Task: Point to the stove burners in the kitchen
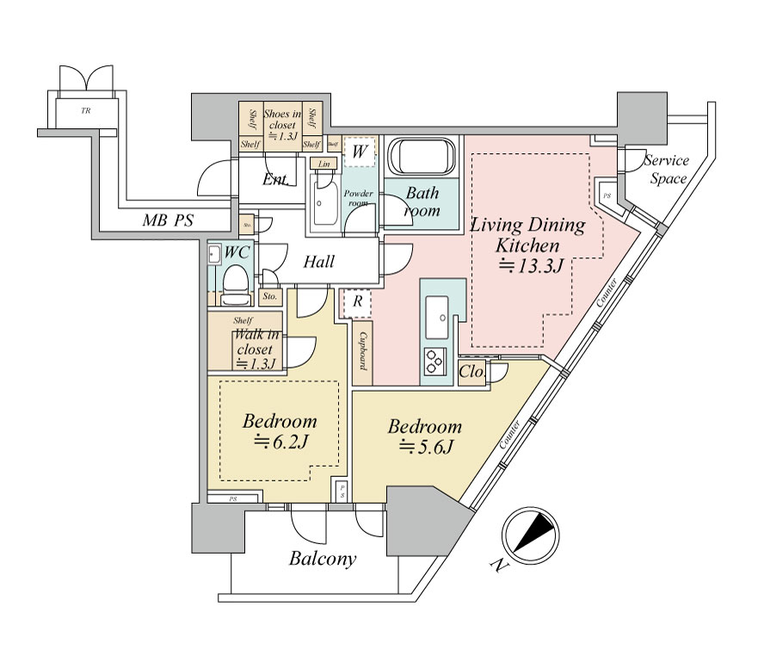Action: click(434, 362)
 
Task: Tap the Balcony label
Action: click(322, 560)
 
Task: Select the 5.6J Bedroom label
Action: click(424, 436)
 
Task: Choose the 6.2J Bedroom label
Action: click(279, 432)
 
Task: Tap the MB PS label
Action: click(168, 221)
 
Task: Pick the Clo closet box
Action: click(471, 372)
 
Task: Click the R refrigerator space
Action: click(355, 302)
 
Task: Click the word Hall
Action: click(318, 263)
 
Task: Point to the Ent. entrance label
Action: click(275, 179)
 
